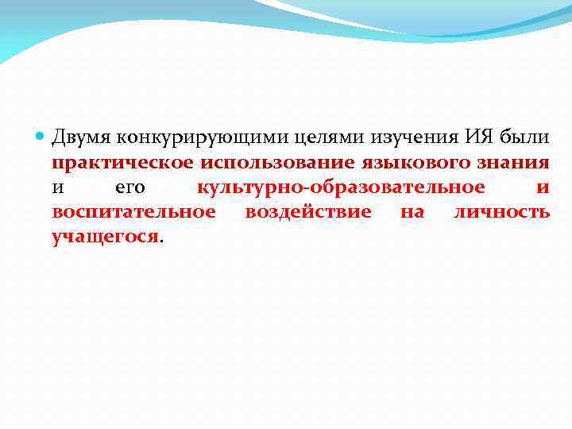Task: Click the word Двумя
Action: pyautogui.click(x=81, y=138)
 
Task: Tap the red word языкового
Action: pyautogui.click(x=406, y=163)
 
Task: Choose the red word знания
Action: pyautogui.click(x=508, y=163)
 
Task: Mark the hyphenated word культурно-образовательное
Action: pyautogui.click(x=341, y=187)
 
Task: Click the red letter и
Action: pyautogui.click(x=543, y=188)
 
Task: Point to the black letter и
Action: pyautogui.click(x=57, y=188)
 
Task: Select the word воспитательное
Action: pyautogui.click(x=133, y=212)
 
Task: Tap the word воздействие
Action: pyautogui.click(x=308, y=212)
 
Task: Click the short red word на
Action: pyautogui.click(x=412, y=213)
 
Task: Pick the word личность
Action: pyautogui.click(x=501, y=212)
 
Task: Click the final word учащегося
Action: pyautogui.click(x=106, y=237)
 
